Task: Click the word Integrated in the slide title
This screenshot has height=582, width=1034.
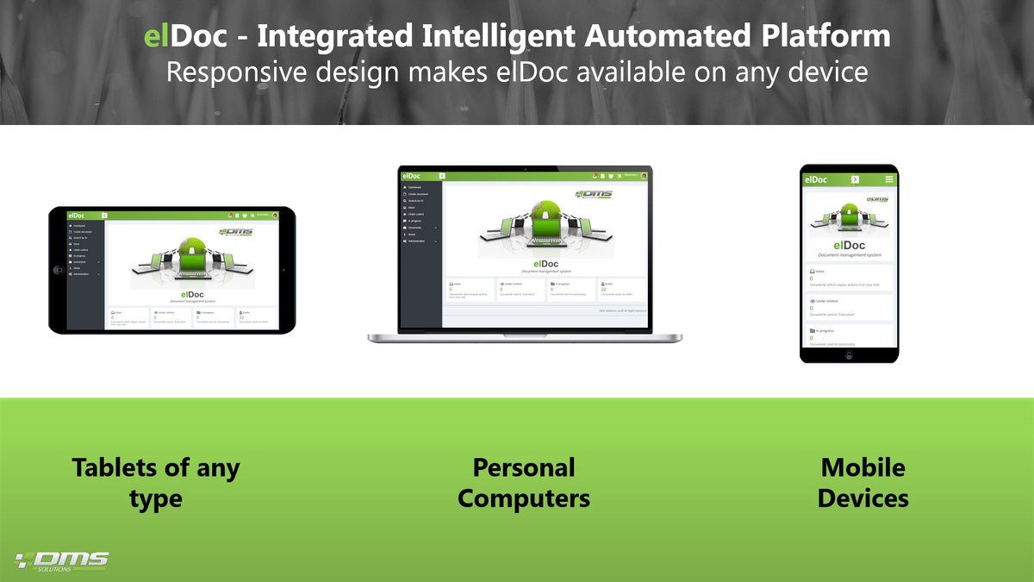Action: tap(344, 37)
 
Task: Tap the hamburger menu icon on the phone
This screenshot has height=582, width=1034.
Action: tap(889, 179)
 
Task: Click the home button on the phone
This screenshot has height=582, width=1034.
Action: tap(850, 354)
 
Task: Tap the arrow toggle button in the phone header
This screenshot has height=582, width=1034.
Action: tap(855, 179)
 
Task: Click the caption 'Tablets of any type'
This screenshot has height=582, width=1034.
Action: tap(156, 482)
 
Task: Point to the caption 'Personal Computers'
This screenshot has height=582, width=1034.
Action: tap(524, 482)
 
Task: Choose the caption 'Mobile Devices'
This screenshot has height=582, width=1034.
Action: tap(863, 482)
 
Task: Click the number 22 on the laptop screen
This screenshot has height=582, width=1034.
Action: tap(603, 289)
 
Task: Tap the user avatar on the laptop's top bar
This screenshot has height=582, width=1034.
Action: tap(644, 176)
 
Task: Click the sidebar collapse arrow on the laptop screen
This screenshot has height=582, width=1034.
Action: tap(442, 176)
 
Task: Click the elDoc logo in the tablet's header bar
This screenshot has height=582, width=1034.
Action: tap(78, 216)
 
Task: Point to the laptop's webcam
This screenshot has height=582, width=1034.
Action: tap(526, 168)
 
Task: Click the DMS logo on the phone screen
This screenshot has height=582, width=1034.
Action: tap(875, 199)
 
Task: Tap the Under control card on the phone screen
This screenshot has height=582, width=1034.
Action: tap(850, 308)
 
